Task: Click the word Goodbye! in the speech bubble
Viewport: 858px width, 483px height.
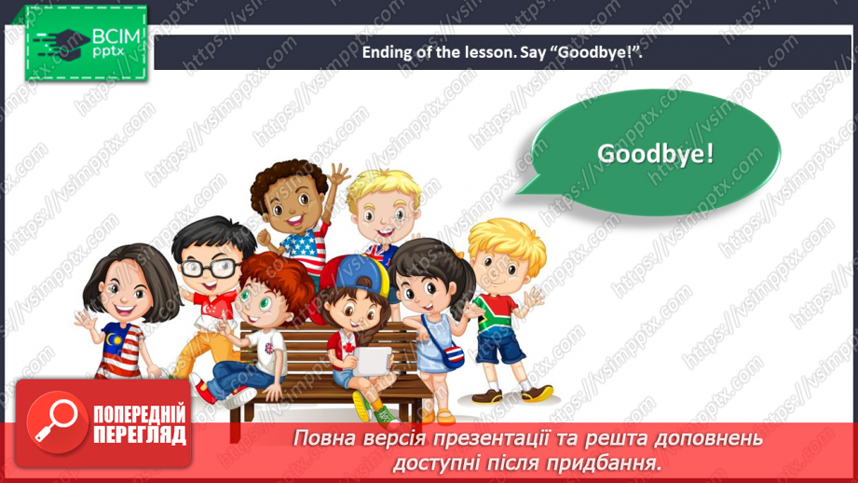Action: coord(655,153)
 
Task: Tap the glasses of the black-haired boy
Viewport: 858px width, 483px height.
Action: coord(207,269)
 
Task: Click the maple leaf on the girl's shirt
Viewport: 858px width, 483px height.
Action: coord(349,349)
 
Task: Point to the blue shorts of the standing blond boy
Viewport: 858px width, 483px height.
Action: coord(500,347)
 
